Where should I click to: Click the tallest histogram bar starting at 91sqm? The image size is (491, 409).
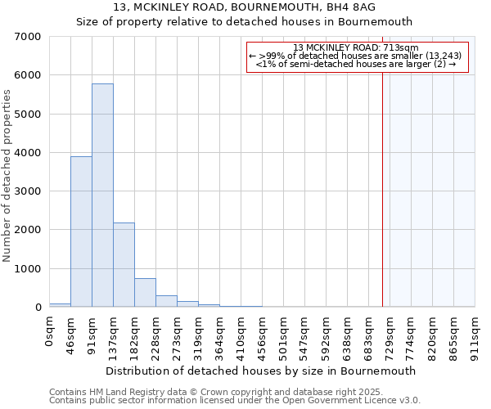point(102,196)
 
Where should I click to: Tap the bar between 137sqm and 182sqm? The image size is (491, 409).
point(124,265)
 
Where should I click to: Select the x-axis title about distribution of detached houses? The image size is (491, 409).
point(261,371)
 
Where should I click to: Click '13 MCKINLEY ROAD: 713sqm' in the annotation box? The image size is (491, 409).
point(355,47)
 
